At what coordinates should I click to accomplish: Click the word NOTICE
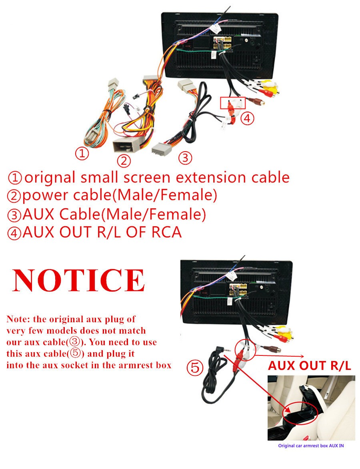78,280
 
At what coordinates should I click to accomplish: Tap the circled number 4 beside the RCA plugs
247,118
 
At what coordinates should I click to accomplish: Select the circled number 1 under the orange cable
82,154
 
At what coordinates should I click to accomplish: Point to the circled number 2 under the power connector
124,161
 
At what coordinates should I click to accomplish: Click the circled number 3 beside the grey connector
185,157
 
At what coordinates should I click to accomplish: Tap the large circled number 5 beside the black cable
195,367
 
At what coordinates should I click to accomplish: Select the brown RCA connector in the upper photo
257,102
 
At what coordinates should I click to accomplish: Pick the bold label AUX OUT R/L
309,365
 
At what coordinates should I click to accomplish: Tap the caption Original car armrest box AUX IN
311,446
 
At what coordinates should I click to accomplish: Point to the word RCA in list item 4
166,232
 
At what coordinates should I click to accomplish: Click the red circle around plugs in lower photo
245,349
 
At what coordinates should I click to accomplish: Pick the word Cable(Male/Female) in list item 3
132,214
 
